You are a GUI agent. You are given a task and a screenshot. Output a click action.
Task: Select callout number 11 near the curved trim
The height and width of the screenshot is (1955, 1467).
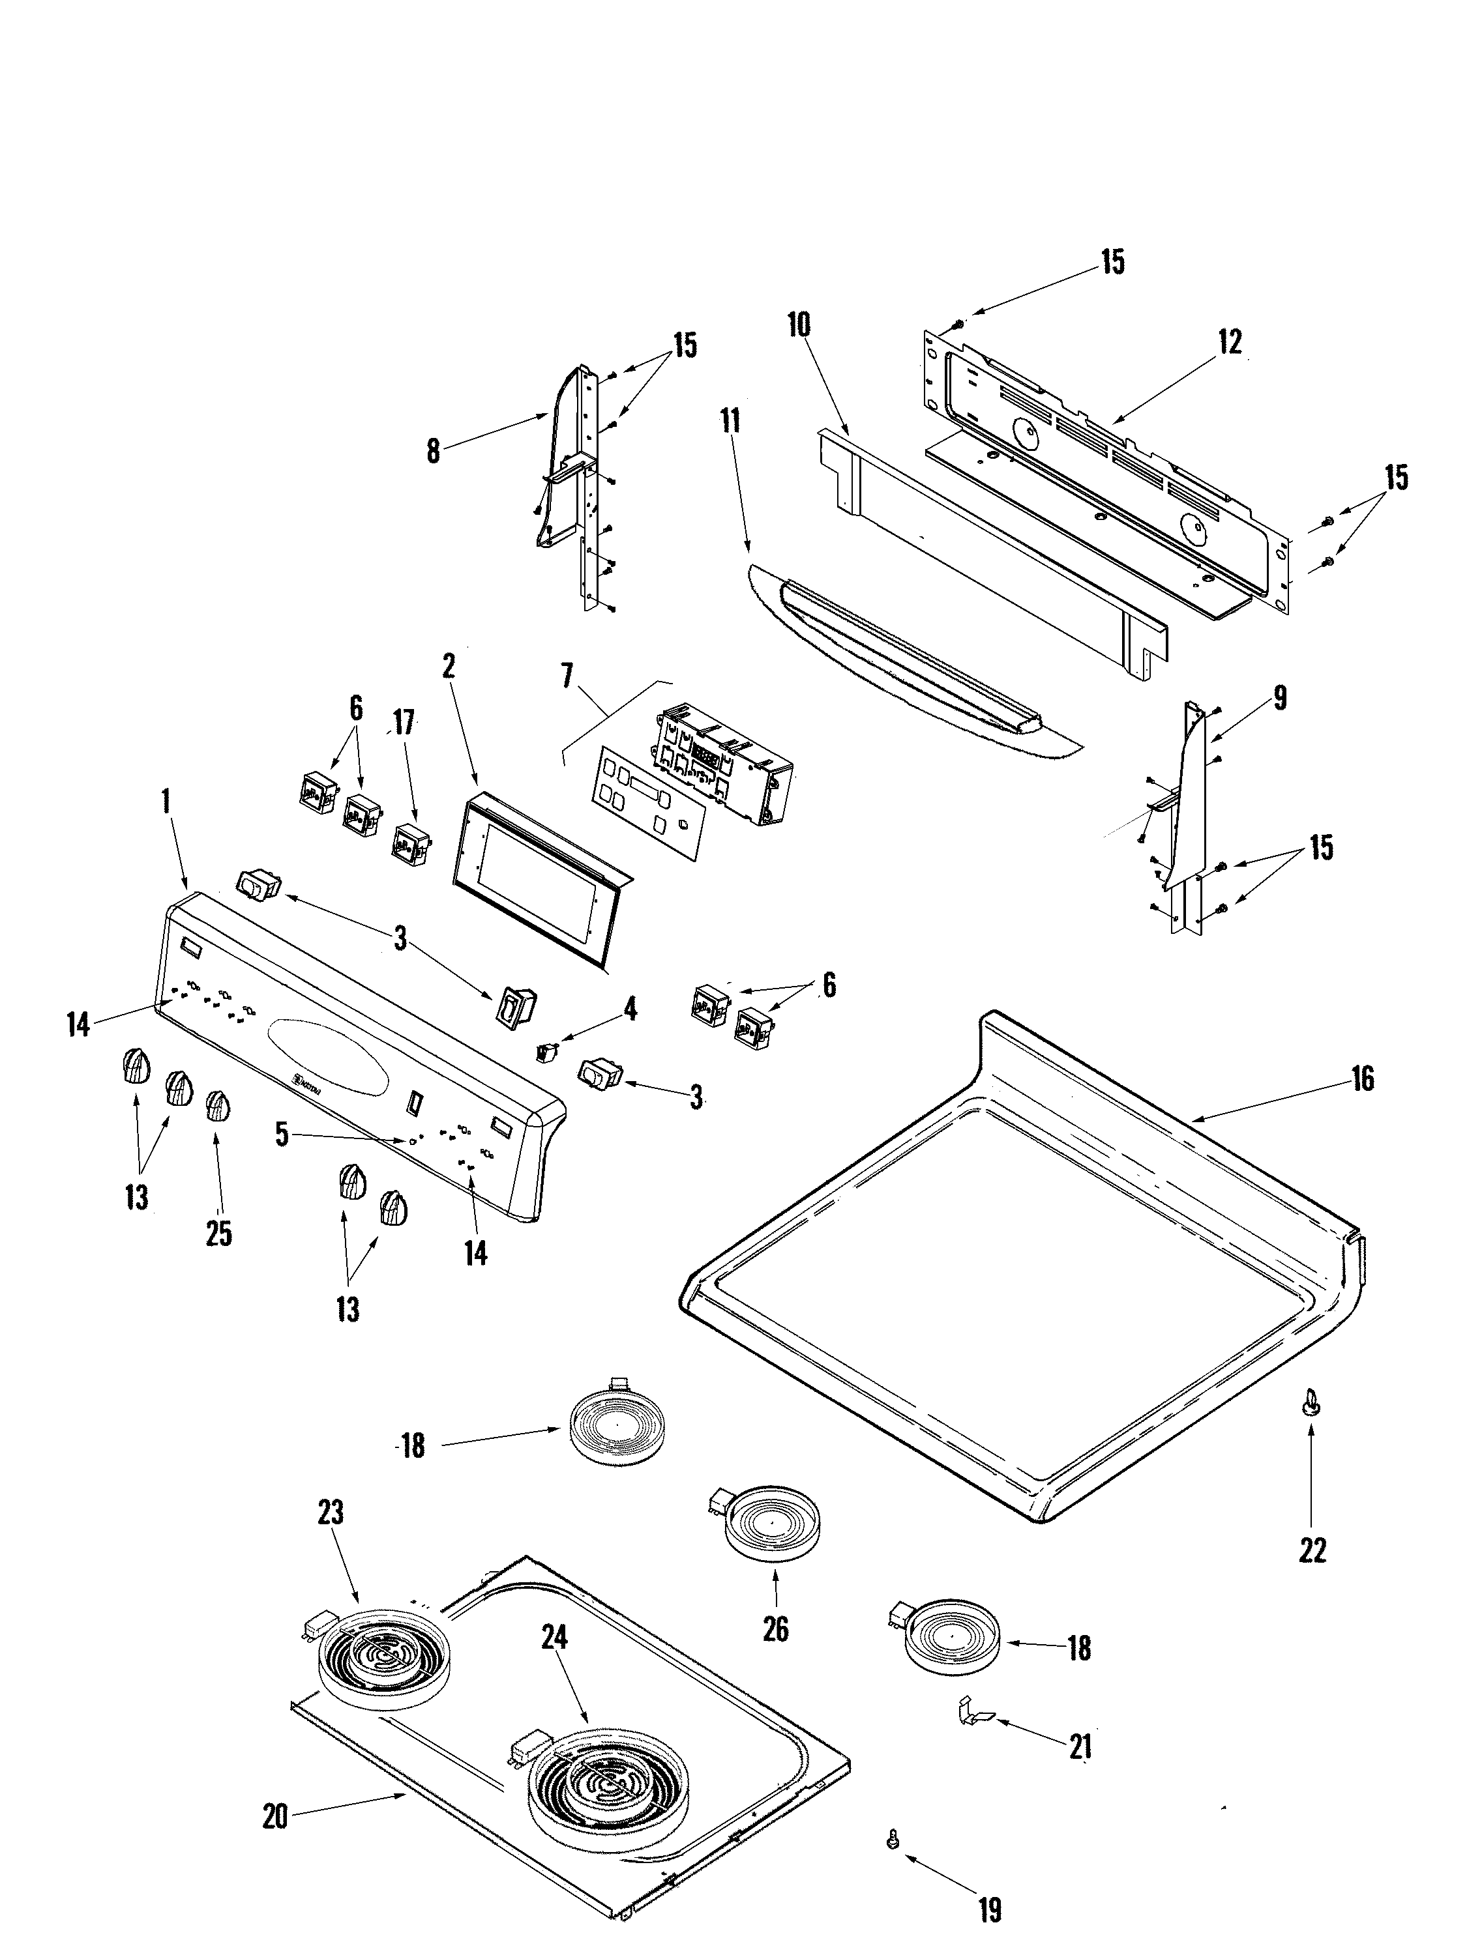[730, 421]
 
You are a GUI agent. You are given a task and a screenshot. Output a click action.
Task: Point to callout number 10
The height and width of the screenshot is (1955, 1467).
[797, 325]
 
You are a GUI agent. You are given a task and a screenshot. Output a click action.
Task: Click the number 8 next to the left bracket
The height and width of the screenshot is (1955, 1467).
[432, 451]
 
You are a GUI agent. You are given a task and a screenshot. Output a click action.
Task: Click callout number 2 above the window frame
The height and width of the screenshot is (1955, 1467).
[449, 667]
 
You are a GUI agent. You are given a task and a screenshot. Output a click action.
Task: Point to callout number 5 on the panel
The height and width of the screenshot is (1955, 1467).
[281, 1135]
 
